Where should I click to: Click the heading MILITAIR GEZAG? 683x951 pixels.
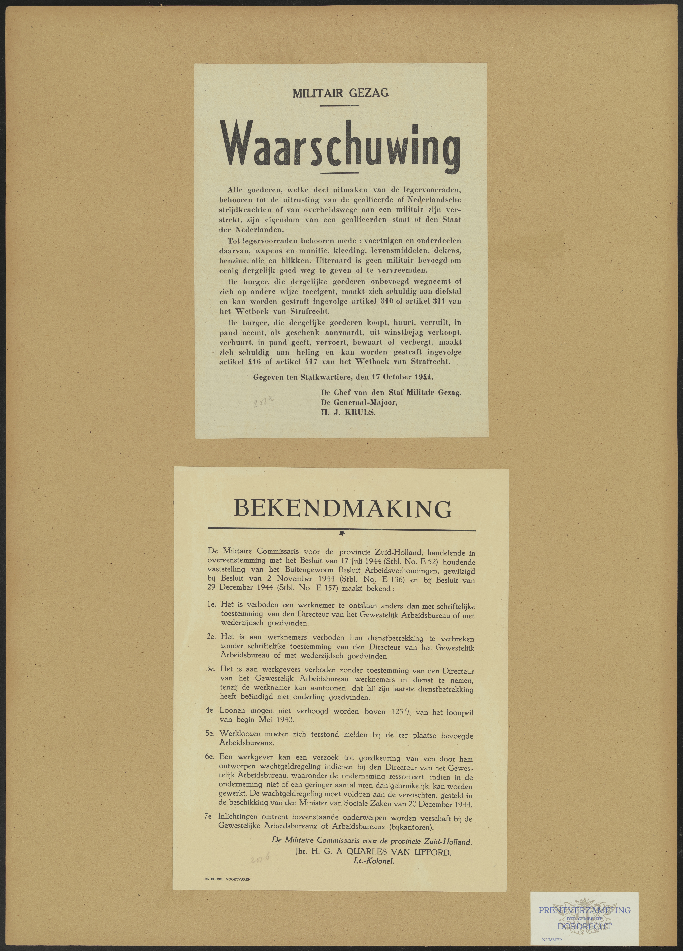(340, 93)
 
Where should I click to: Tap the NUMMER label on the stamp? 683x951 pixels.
(553, 940)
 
